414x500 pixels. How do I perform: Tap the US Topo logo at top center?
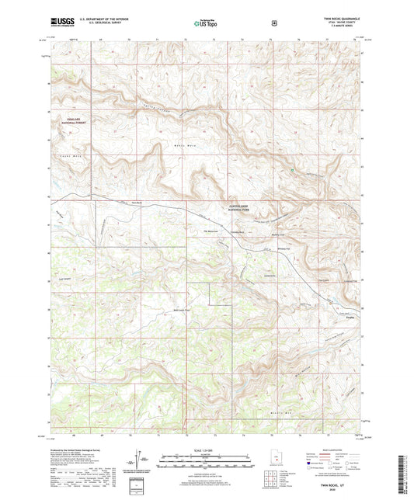[x=206, y=24]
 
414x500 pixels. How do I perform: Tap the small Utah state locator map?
[x=273, y=460]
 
